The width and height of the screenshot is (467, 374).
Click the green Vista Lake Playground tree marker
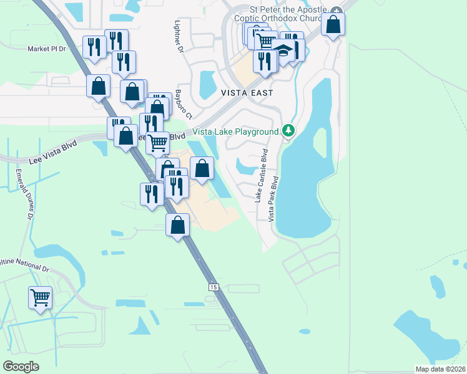[x=288, y=131]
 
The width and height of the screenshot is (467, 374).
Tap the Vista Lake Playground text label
[x=235, y=132]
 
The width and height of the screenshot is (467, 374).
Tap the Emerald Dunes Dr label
[x=23, y=195]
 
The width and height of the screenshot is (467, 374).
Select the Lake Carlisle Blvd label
[x=260, y=175]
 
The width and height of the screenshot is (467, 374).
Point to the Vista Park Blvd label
[x=273, y=198]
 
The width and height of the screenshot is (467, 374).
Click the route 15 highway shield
[x=214, y=287]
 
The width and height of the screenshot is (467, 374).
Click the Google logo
[x=21, y=366]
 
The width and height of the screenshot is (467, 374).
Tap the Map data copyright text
[x=440, y=369]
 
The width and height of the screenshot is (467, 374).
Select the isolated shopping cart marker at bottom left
[x=41, y=297]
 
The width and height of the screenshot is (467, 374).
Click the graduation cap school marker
[x=283, y=51]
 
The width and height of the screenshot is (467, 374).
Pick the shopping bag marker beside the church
[x=333, y=24]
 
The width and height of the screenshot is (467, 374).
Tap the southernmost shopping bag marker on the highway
[x=178, y=224]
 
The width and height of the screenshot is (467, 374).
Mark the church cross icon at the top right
[x=337, y=11]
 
